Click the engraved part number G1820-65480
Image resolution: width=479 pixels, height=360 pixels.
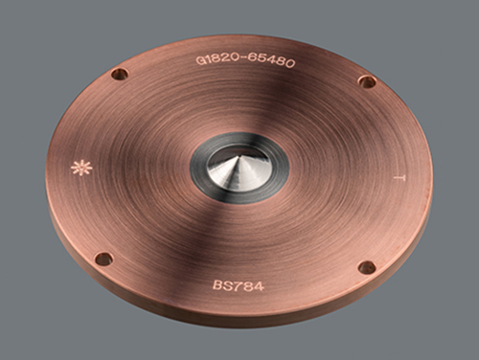coord(245,61)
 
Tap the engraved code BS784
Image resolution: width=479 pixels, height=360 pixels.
coord(239,285)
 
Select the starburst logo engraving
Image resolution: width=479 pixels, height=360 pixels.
coord(81,168)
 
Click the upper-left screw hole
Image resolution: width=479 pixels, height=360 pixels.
coord(120,75)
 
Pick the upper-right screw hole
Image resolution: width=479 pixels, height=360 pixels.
coord(367,81)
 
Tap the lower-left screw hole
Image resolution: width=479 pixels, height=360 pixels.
coord(104,259)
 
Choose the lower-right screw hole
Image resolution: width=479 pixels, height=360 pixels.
coord(367,267)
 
